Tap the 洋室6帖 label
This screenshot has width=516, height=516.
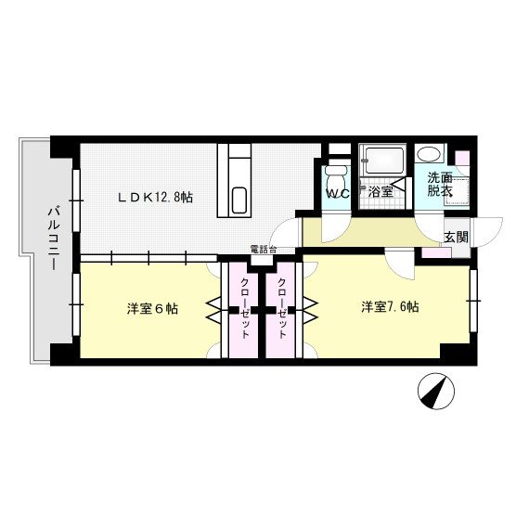[x=152, y=308]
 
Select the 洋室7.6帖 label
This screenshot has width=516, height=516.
[x=390, y=306]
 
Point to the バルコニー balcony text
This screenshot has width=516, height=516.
[x=53, y=239]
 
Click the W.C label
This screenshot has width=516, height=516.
[x=336, y=194]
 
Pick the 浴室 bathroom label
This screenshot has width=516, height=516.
[x=381, y=193]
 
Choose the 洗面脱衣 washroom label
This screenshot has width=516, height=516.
[x=439, y=184]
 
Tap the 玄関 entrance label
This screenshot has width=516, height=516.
[x=455, y=237]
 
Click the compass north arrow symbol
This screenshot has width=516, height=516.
[x=432, y=391]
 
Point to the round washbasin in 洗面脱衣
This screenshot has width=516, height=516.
[x=429, y=155]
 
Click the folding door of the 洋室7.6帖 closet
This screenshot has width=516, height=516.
[x=308, y=310]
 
